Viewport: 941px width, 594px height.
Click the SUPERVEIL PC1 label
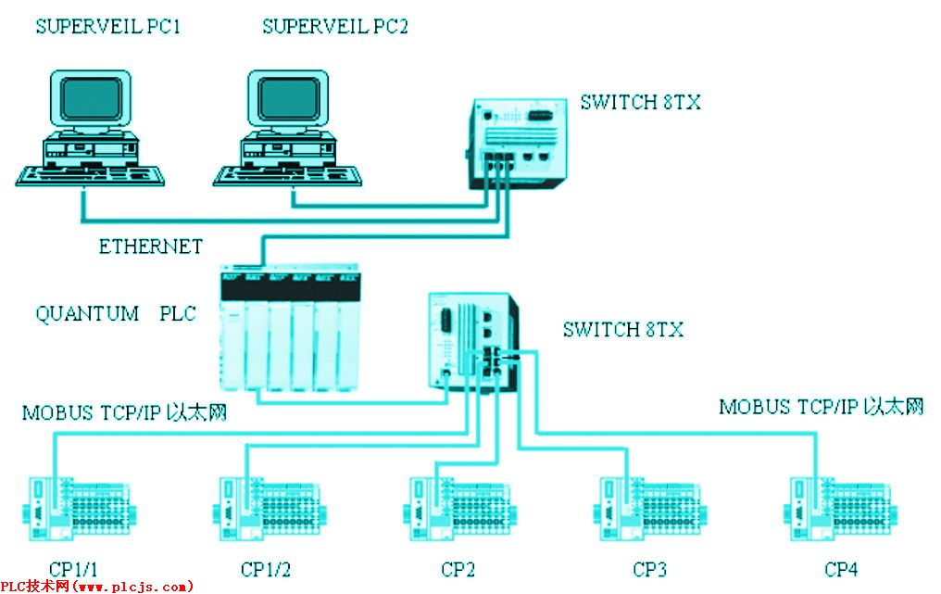pyautogui.click(x=108, y=27)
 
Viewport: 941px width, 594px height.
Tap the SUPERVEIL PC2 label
pyautogui.click(x=335, y=27)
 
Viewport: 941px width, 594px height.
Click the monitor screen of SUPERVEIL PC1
pyautogui.click(x=91, y=98)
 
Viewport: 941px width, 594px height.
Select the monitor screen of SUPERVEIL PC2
pyautogui.click(x=289, y=98)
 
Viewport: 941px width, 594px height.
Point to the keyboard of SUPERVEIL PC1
pyautogui.click(x=90, y=175)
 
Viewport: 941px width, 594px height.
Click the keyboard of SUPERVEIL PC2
pyautogui.click(x=287, y=175)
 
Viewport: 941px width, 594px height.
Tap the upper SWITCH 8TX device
pyautogui.click(x=518, y=144)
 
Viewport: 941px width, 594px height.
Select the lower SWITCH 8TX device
pyautogui.click(x=474, y=341)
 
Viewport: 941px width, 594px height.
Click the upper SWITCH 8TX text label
pyautogui.click(x=640, y=102)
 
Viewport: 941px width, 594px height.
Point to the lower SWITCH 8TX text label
pyautogui.click(x=623, y=329)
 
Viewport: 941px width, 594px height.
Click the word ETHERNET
pyautogui.click(x=151, y=246)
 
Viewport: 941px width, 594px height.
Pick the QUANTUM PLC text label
pyautogui.click(x=116, y=313)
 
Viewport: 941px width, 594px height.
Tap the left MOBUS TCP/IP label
pyautogui.click(x=124, y=412)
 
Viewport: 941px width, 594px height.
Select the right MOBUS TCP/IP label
pyautogui.click(x=821, y=407)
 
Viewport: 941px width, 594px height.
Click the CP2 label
pyautogui.click(x=458, y=569)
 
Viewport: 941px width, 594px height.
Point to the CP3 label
pyautogui.click(x=649, y=569)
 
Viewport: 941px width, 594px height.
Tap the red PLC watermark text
pyautogui.click(x=97, y=587)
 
